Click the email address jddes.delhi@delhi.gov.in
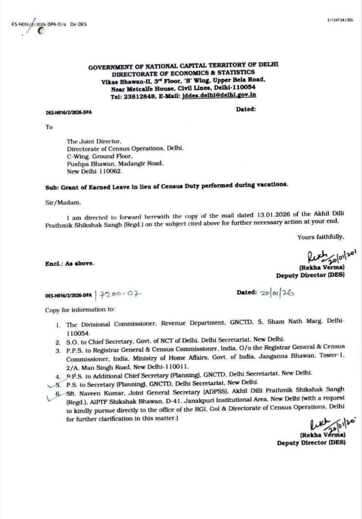tap(219, 95)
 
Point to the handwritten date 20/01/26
tap(277, 293)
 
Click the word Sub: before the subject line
tap(52, 188)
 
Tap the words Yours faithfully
tap(320, 237)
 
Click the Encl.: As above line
tap(70, 264)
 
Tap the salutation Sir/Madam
tap(63, 203)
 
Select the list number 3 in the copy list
tap(58, 351)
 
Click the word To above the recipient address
tap(49, 127)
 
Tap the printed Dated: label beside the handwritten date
tap(247, 293)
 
